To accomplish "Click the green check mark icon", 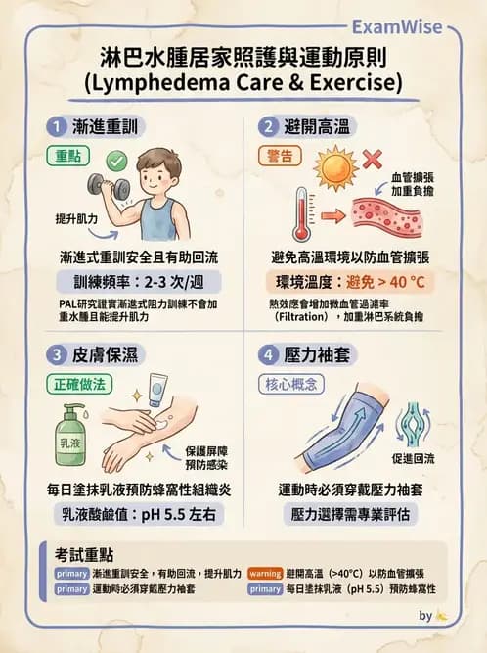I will [x=114, y=158].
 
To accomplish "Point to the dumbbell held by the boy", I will [x=103, y=184].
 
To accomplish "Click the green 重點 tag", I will [x=67, y=156].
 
